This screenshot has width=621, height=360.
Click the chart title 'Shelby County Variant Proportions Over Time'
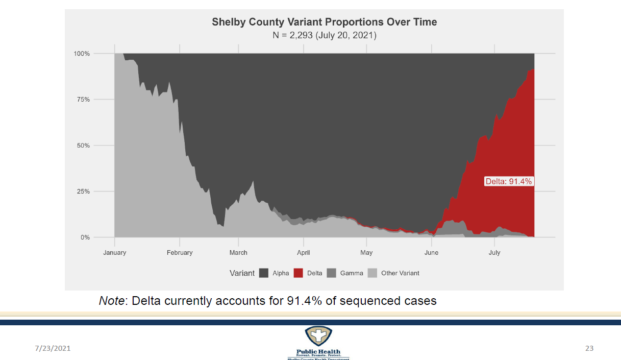pyautogui.click(x=325, y=22)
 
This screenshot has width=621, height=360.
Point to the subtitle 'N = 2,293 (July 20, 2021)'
pyautogui.click(x=325, y=36)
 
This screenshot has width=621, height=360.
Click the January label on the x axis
pyautogui.click(x=115, y=252)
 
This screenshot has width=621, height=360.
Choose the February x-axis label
pyautogui.click(x=180, y=252)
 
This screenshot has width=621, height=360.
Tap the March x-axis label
pyautogui.click(x=238, y=252)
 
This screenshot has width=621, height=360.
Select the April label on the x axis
pyautogui.click(x=304, y=252)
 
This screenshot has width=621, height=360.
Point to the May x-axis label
pyautogui.click(x=366, y=252)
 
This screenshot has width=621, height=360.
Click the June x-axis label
pyautogui.click(x=432, y=252)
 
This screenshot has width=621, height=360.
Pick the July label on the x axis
pyautogui.click(x=494, y=252)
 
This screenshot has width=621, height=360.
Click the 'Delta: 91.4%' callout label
pyautogui.click(x=509, y=181)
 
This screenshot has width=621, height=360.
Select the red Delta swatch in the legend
pyautogui.click(x=299, y=273)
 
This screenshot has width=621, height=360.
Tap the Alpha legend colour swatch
pyautogui.click(x=264, y=273)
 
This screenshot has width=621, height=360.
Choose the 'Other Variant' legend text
pyautogui.click(x=400, y=273)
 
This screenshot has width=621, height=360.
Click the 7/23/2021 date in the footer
pyautogui.click(x=53, y=348)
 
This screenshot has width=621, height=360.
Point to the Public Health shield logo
pyautogui.click(x=318, y=337)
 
